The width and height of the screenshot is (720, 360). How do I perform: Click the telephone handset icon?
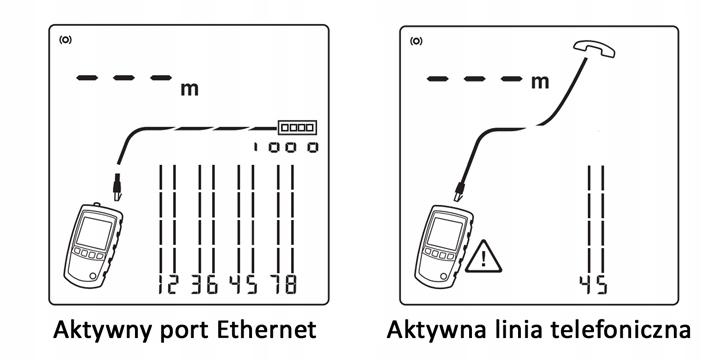(594, 49)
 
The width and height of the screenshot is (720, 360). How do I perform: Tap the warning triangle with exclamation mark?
(483, 257)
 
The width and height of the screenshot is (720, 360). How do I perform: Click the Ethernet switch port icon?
(297, 126)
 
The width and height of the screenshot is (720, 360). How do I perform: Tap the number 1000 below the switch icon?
(285, 147)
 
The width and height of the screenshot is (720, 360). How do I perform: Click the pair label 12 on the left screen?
(166, 284)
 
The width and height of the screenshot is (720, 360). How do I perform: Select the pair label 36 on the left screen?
(205, 284)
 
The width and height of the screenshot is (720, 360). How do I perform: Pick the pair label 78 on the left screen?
(284, 284)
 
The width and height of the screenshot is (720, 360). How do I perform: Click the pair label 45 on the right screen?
(593, 285)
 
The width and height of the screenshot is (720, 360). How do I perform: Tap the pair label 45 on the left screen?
(244, 284)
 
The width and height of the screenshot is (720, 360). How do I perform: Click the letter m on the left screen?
(190, 89)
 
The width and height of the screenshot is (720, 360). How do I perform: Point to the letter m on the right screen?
(540, 82)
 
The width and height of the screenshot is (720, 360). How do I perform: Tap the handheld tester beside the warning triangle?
(444, 243)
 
